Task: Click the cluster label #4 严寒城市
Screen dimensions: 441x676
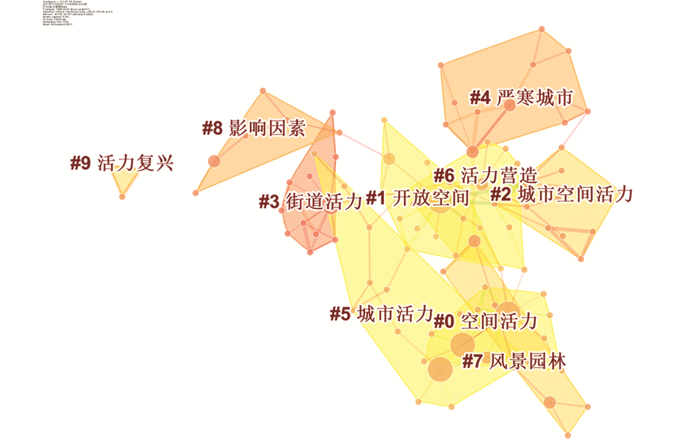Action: tap(521, 98)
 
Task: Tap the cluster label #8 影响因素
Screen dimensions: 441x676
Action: tap(254, 128)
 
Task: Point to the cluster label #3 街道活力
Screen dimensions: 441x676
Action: tap(310, 201)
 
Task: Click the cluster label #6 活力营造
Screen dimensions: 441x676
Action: tap(485, 176)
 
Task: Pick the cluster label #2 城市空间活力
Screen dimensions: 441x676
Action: tap(561, 194)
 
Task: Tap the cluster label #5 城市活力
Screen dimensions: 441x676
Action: tap(381, 314)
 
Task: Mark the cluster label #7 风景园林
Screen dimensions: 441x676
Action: tap(513, 361)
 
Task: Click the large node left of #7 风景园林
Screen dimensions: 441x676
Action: tap(440, 369)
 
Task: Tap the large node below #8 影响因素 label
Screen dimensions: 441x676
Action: tap(214, 161)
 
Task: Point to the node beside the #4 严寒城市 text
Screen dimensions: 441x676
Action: tap(510, 105)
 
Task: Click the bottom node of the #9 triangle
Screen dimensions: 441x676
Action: tap(122, 196)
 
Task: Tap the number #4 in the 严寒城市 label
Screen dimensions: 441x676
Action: tap(480, 98)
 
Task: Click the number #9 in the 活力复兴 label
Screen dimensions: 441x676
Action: tap(80, 163)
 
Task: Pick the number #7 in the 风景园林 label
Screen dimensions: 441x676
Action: tap(472, 361)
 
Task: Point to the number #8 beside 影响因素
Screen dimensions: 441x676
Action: tap(213, 128)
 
